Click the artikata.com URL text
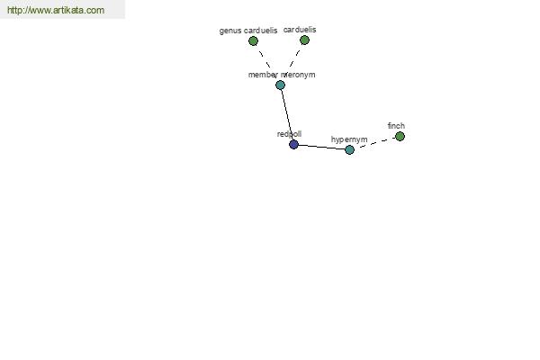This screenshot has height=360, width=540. [x=56, y=11]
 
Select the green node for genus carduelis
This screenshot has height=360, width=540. [x=254, y=40]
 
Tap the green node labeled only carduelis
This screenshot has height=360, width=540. [x=304, y=40]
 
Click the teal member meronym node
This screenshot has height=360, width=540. [x=280, y=85]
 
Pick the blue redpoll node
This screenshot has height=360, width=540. [x=293, y=144]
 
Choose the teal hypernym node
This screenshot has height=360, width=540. [x=349, y=149]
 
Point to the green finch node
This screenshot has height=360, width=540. [x=400, y=136]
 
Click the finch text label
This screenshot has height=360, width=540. [x=396, y=126]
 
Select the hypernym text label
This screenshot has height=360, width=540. [x=349, y=139]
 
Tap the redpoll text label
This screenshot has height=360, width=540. [x=289, y=134]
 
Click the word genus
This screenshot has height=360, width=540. [x=230, y=31]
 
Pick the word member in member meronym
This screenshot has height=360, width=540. [x=264, y=75]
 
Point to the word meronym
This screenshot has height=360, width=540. [x=299, y=75]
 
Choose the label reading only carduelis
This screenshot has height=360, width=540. [x=300, y=30]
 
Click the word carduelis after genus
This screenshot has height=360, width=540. [x=261, y=31]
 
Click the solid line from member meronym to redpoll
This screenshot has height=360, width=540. [x=286, y=114]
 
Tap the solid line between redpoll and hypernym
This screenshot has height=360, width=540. [x=321, y=147]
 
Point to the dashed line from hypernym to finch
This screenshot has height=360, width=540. [x=374, y=143]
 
